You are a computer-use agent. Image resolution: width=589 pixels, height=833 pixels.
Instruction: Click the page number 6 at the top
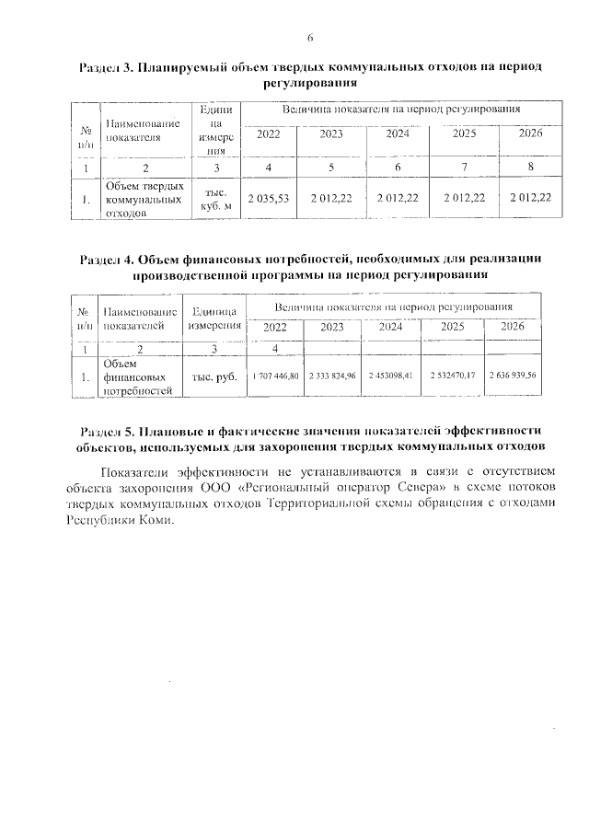310,38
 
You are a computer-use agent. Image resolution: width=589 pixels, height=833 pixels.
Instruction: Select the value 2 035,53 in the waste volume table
269,198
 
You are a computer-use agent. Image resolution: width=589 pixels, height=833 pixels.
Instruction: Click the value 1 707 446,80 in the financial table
275,376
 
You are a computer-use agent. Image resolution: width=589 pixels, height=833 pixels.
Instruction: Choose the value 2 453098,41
391,376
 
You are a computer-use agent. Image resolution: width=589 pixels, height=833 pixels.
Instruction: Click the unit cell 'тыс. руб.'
214,376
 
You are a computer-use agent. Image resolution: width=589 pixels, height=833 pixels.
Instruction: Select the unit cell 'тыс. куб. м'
214,198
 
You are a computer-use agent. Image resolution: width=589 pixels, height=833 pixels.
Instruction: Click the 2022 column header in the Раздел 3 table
269,134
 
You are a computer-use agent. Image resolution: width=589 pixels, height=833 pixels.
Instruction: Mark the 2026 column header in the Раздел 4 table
513,326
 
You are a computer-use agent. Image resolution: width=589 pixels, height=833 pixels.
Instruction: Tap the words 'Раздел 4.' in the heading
108,259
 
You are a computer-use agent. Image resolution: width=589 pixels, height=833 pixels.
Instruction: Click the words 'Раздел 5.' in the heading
109,430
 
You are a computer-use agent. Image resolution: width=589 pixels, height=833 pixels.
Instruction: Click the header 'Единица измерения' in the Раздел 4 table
214,318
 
